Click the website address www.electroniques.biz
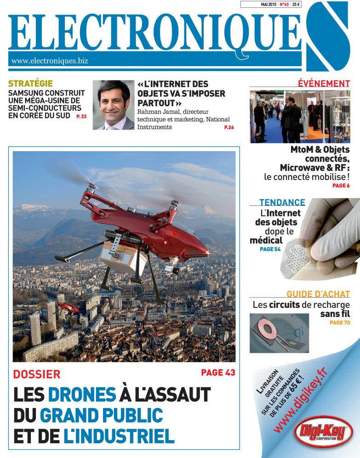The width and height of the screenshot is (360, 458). point(49,60)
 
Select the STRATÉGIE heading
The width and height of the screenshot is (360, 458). point(31,84)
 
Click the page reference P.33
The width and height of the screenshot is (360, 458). point(80,117)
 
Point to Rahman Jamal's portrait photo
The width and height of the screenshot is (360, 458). point(113,105)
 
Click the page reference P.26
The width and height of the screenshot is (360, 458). point(229,127)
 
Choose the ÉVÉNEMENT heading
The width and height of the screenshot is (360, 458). point(324,83)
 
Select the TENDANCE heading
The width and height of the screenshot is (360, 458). point(282,202)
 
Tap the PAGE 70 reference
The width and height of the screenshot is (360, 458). point(340,323)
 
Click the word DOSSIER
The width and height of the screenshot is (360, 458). point(37,374)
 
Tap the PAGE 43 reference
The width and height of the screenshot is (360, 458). point(218,372)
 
